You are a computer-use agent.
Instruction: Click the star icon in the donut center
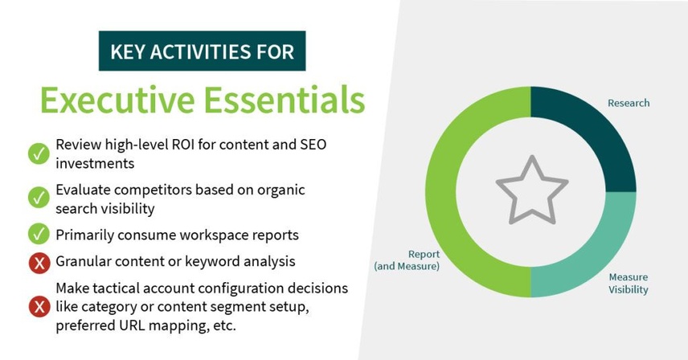532,190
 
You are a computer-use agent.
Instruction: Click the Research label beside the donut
629,103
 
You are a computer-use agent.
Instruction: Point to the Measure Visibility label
629,284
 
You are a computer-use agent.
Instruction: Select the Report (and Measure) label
407,260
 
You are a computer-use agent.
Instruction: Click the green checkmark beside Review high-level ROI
39,153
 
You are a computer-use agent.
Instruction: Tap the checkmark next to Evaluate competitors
39,198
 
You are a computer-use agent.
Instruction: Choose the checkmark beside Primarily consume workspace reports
39,234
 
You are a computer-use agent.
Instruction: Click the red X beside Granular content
39,263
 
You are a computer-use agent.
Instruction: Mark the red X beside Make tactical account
39,306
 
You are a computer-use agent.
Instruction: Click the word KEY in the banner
128,51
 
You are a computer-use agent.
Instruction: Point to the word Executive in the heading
117,100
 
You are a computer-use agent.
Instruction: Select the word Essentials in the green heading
285,100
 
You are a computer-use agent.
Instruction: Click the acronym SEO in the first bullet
313,145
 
